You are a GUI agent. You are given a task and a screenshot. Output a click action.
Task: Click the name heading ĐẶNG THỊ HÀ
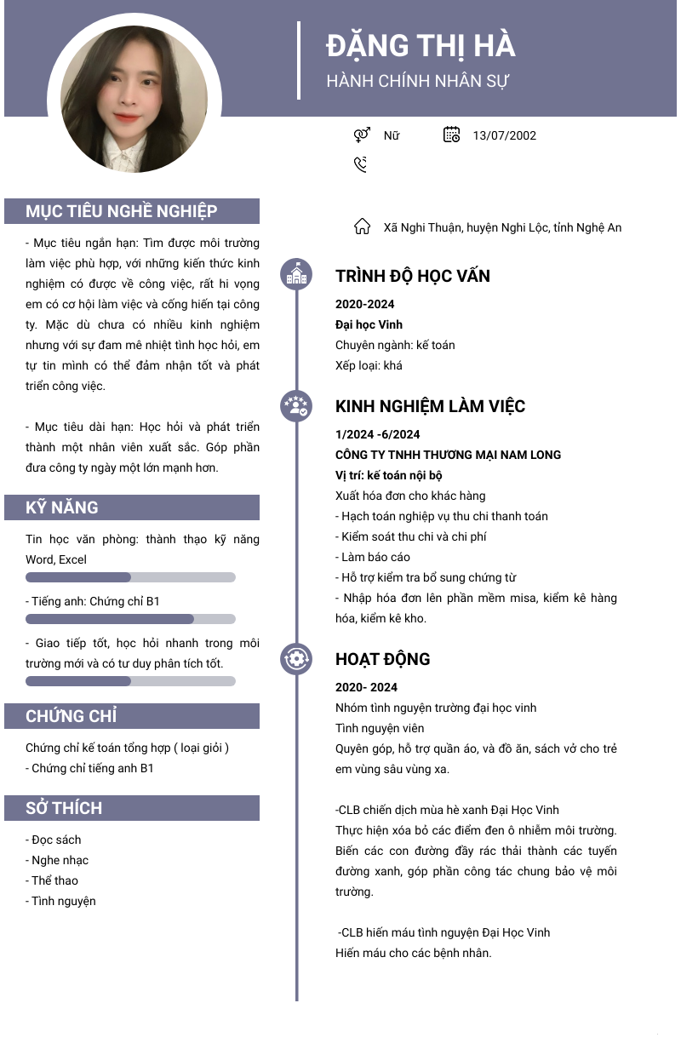pos(421,46)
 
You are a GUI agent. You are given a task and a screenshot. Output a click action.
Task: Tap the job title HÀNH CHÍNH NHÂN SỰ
pos(418,82)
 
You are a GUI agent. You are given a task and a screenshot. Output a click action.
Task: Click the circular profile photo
pos(134,100)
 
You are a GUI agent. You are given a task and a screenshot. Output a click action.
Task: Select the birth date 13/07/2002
pos(504,135)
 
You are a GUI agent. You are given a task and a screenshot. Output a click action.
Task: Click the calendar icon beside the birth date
pos(451,135)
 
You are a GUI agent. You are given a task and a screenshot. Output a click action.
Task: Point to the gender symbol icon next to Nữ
pos(362,135)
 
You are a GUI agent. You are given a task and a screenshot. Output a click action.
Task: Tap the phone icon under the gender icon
pos(361,164)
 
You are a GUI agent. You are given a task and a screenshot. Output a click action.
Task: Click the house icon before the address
pos(362,227)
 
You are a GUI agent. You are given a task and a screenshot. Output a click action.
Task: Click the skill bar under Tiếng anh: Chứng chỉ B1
pos(130,619)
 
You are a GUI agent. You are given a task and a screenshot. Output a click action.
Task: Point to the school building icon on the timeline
pos(296,274)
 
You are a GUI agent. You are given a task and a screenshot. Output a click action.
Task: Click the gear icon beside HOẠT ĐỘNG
pos(296,658)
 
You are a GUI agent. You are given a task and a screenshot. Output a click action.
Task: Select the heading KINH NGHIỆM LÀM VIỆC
pos(430,406)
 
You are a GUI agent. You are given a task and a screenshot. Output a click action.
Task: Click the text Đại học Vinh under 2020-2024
pos(369,324)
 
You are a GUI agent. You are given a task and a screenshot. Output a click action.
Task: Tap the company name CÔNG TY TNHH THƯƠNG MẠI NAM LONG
pos(448,455)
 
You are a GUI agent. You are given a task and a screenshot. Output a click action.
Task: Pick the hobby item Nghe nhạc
pos(60,860)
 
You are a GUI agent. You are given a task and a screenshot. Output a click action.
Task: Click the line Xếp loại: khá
pos(369,365)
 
